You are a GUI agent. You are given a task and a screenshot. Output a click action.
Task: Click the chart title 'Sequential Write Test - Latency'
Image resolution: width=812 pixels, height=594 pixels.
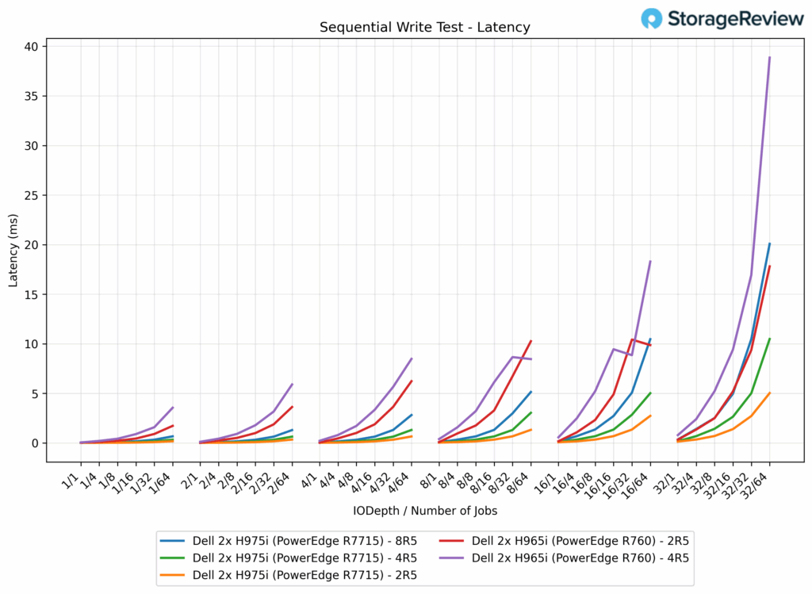tap(425, 28)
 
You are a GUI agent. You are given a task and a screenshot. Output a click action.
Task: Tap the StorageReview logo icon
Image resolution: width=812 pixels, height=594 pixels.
tap(652, 18)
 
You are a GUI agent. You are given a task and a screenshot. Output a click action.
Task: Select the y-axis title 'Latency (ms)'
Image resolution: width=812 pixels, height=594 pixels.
tap(13, 249)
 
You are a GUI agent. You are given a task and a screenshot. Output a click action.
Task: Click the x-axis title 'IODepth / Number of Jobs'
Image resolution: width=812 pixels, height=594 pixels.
tap(425, 511)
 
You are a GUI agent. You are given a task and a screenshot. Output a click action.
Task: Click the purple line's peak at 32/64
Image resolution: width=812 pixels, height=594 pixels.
tap(769, 57)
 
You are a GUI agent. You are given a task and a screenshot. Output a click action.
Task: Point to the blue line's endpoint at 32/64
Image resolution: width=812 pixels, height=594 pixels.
tap(769, 243)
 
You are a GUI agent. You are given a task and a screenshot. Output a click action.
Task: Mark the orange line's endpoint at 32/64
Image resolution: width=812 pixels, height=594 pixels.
tap(769, 393)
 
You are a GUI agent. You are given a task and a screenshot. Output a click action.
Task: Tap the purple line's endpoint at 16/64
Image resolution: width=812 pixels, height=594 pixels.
tap(650, 261)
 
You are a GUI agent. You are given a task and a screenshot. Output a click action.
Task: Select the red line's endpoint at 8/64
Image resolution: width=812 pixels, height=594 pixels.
tap(530, 341)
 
